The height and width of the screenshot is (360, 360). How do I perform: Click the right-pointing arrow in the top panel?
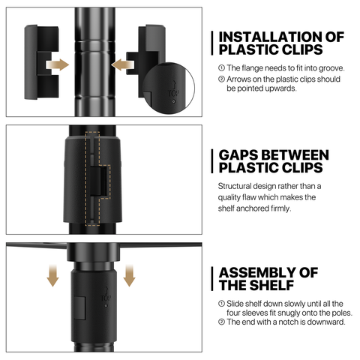(58, 65)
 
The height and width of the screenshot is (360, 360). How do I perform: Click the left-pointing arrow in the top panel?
(122, 65)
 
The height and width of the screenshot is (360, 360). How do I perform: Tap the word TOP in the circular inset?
(173, 94)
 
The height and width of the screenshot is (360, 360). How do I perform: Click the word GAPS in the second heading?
(239, 155)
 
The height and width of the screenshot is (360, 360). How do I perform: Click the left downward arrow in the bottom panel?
(52, 276)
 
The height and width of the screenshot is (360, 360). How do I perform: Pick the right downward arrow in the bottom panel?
(129, 276)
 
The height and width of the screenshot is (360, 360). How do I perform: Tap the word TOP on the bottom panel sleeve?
(106, 298)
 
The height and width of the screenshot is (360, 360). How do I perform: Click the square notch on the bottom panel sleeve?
(80, 308)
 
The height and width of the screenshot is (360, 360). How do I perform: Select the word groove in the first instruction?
(331, 68)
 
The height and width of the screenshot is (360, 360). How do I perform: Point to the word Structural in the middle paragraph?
(234, 186)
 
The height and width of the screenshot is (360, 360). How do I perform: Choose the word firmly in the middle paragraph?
(281, 208)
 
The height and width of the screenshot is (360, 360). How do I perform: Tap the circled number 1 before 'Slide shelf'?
(221, 304)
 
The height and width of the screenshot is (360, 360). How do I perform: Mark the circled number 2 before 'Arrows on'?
(221, 79)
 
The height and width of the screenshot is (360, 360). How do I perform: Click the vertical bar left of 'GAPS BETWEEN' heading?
(212, 161)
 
